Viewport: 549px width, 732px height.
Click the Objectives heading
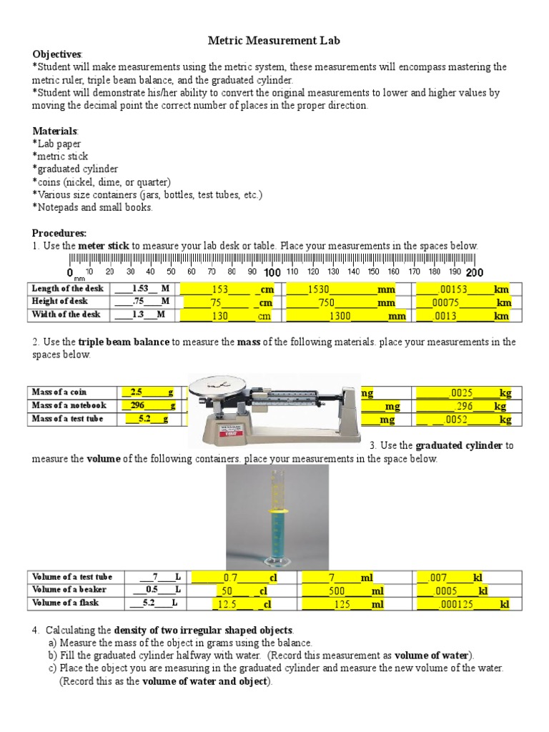tap(57, 54)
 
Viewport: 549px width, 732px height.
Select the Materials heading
tap(56, 132)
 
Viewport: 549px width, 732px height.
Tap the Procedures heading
tap(59, 233)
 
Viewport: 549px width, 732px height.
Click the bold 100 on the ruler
tap(272, 273)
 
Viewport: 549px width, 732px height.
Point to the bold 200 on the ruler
tap(475, 273)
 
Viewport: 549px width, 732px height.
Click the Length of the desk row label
tap(68, 289)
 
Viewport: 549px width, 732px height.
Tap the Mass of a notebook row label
tap(69, 406)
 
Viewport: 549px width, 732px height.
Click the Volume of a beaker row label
tap(69, 590)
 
